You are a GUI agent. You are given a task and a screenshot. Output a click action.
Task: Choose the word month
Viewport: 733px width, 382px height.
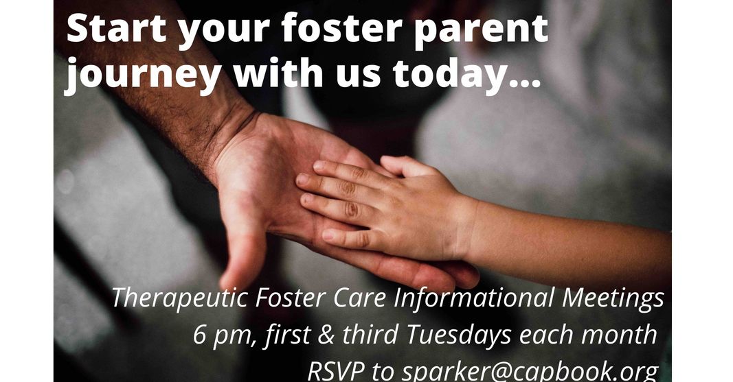coord(622,335)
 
